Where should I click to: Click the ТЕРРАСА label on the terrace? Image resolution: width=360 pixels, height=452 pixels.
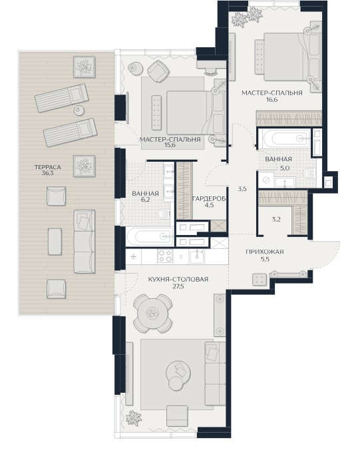coord(47,167)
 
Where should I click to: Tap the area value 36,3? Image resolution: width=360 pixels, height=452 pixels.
coord(47,174)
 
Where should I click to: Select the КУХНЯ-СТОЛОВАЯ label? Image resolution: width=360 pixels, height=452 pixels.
coord(178,280)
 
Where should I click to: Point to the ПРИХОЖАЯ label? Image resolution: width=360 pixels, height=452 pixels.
coord(265,252)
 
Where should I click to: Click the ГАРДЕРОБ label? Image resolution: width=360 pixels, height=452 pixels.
coord(209,198)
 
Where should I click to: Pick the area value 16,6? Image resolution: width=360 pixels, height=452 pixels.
coord(271,100)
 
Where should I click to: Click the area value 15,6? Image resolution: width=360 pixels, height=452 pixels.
coord(170,145)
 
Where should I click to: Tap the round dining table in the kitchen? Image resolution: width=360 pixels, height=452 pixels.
coord(153,314)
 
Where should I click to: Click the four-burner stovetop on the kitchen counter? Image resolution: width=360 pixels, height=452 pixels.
coord(165,256)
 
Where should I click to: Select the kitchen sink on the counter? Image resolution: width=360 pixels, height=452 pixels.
coord(197,256)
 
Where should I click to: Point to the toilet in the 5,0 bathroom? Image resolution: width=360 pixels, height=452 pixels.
coord(309,173)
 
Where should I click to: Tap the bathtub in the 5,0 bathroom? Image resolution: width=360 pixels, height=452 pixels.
coord(285,138)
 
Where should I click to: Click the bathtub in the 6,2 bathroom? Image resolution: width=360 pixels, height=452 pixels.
coord(150,237)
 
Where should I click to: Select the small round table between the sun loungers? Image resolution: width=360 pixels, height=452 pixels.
coord(79,110)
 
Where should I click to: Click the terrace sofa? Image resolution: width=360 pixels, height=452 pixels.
coord(84,241)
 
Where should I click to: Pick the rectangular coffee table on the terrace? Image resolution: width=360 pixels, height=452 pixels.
coord(55,242)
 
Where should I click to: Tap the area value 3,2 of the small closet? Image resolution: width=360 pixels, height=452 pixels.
coord(276,220)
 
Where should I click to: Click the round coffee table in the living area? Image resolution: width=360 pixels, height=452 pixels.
coord(178,373)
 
